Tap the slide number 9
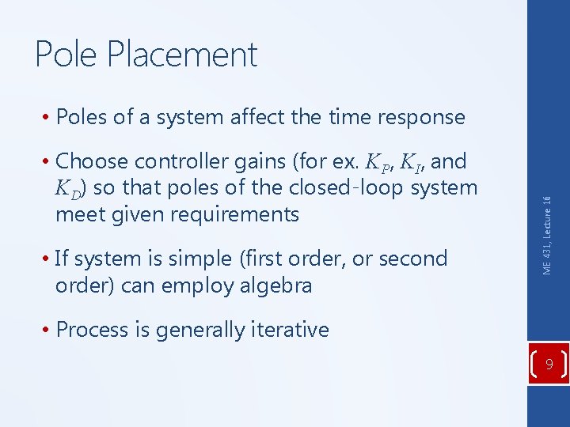click(548, 365)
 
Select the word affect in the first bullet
click(258, 117)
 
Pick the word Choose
click(93, 161)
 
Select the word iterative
click(288, 329)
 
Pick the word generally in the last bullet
click(200, 329)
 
